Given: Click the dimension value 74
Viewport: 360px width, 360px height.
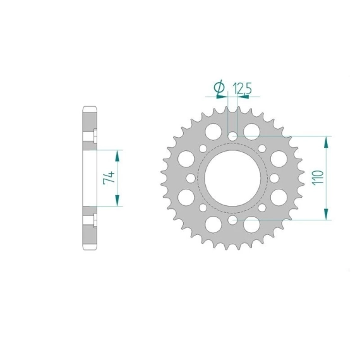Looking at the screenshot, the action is (x=109, y=177).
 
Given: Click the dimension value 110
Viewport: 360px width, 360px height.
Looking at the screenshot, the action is (x=318, y=177).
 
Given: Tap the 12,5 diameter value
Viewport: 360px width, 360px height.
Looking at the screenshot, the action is (x=243, y=88).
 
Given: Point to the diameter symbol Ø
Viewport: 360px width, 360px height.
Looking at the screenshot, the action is (x=219, y=87).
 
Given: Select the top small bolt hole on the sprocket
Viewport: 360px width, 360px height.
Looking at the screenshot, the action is (x=232, y=136).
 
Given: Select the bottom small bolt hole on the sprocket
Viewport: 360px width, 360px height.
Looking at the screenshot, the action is (x=232, y=220).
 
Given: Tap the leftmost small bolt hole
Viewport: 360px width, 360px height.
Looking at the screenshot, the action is (x=191, y=178).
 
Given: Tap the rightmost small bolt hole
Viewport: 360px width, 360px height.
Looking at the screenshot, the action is (x=275, y=178).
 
